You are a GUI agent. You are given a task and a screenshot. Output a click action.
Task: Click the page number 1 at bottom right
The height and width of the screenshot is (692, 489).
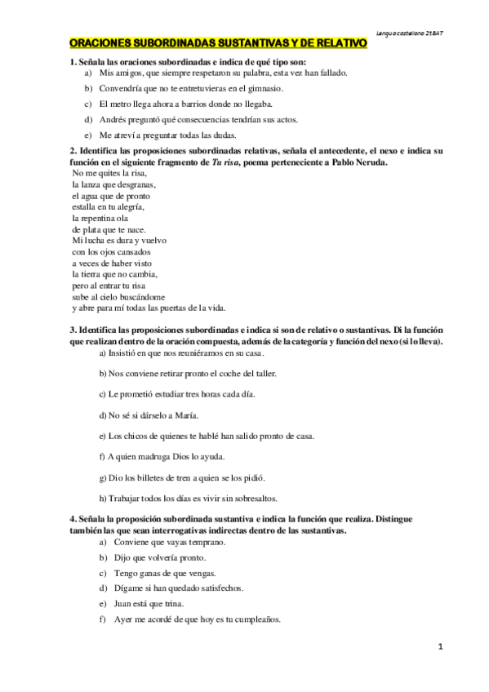(439, 646)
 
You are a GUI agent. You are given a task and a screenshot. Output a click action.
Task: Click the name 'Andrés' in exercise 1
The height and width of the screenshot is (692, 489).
(111, 119)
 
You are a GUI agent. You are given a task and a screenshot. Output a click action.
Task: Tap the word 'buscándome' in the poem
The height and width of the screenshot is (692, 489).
(144, 296)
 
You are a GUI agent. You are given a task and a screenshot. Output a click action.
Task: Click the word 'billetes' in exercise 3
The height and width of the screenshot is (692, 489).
(145, 477)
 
